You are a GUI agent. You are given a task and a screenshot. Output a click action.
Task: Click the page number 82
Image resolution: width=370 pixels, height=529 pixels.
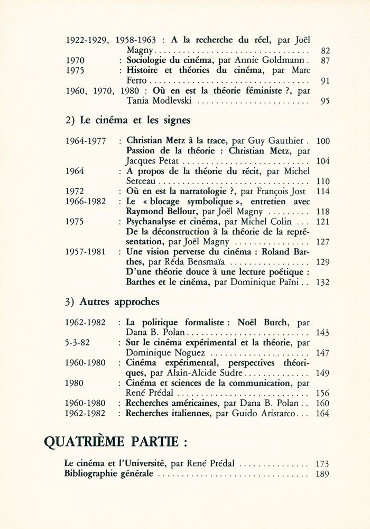(325, 51)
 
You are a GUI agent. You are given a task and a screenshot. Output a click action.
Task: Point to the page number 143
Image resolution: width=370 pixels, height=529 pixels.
(321, 333)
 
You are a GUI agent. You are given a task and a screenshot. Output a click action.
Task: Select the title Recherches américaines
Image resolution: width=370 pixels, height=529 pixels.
(168, 403)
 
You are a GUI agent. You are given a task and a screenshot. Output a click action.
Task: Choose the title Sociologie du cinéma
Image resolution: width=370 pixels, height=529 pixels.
(168, 61)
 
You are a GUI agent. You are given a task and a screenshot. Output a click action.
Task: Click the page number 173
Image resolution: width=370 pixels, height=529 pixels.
(322, 463)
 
